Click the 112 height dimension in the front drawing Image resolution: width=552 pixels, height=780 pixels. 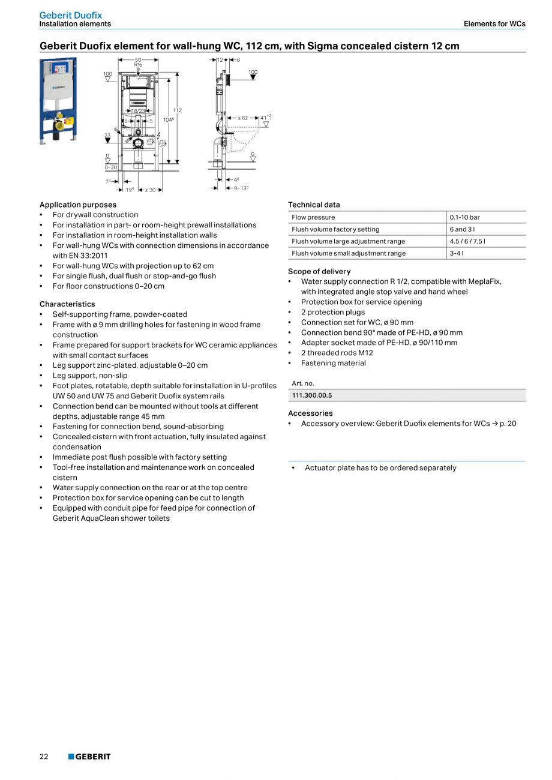point(177,110)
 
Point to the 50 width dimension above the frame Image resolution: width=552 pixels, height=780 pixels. point(138,60)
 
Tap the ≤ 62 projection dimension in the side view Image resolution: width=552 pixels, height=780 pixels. point(242,118)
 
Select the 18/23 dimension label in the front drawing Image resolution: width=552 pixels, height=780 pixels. point(138,111)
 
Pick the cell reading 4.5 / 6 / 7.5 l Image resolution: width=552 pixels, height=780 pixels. point(467,241)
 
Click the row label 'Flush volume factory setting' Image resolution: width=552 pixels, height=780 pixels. point(335,229)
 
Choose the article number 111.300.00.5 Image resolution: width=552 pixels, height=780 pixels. point(311,395)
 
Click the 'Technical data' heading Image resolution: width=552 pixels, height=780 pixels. point(314,205)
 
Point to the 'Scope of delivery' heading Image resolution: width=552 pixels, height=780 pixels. point(319,271)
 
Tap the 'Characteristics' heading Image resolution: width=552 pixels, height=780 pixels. point(67,304)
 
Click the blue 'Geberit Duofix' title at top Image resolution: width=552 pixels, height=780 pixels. point(70,15)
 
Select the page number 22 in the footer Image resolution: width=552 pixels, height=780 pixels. point(44,757)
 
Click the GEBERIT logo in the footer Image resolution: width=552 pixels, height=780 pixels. point(89,757)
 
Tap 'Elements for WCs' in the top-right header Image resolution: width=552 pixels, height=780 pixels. point(494,24)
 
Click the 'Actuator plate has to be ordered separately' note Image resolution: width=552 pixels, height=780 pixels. point(380,468)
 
